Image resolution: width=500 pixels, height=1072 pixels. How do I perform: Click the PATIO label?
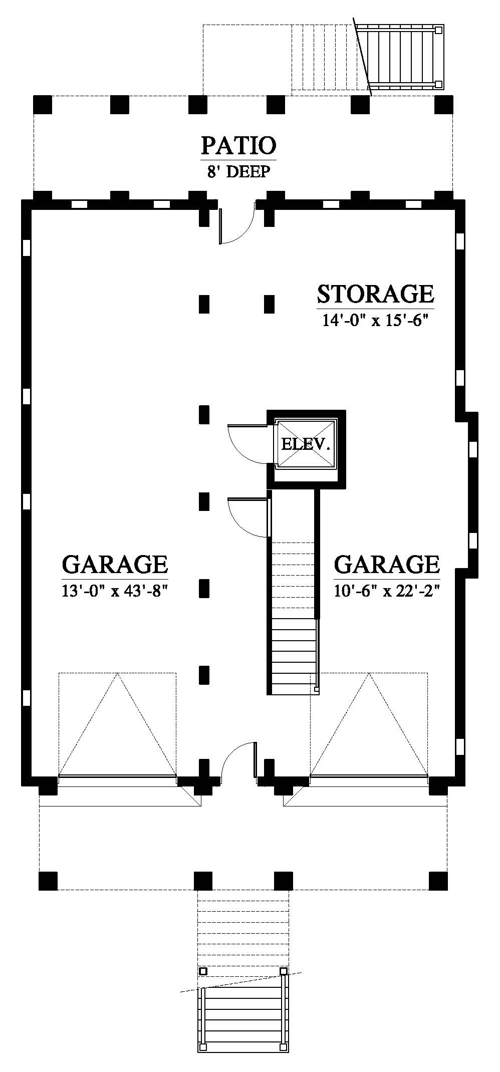coord(238,145)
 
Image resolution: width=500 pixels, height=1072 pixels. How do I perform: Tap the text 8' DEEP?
coord(238,172)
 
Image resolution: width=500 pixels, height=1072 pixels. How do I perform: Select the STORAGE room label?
coord(375,294)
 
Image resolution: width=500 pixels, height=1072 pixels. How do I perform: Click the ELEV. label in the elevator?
coord(306,444)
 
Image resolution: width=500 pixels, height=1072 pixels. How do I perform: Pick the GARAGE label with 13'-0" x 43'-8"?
coord(115,564)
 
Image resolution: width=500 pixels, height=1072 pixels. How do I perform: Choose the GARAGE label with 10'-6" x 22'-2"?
coord(387,564)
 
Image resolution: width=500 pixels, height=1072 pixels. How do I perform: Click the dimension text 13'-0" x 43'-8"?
coord(114,591)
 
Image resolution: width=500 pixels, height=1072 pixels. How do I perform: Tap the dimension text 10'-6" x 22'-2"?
coord(387,591)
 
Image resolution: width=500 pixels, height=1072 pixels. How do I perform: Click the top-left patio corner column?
coord(43,105)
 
